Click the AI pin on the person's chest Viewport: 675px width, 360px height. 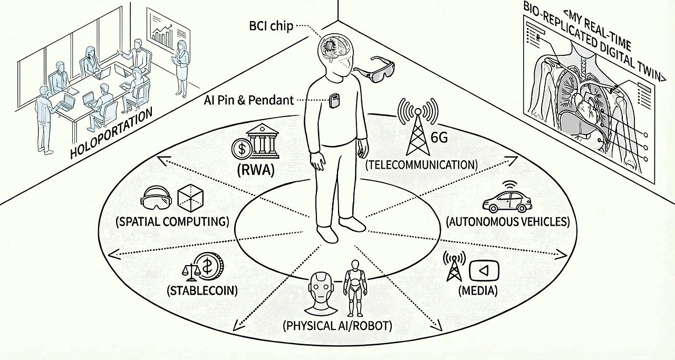coord(334,100)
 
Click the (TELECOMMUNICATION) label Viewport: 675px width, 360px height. coord(421,164)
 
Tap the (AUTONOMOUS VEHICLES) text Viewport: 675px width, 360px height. coord(508,221)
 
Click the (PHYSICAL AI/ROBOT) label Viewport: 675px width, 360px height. coord(337,325)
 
